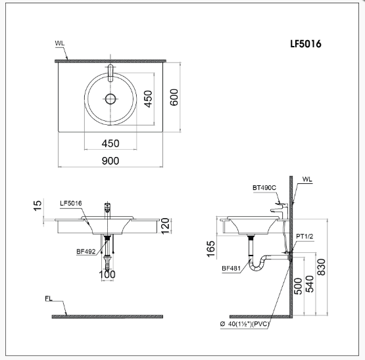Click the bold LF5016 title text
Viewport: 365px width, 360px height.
pos(306,44)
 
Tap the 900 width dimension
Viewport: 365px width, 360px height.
pos(110,161)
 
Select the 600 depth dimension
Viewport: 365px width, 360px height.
pos(174,97)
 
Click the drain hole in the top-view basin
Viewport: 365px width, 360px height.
pos(110,99)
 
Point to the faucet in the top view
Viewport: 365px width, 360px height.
pos(110,73)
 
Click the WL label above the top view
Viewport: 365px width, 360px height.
pos(60,43)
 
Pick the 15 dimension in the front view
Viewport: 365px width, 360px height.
pos(37,206)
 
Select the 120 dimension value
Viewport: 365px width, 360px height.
pos(165,226)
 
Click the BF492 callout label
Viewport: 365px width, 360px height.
pos(86,252)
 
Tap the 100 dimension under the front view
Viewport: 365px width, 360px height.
pos(107,275)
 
